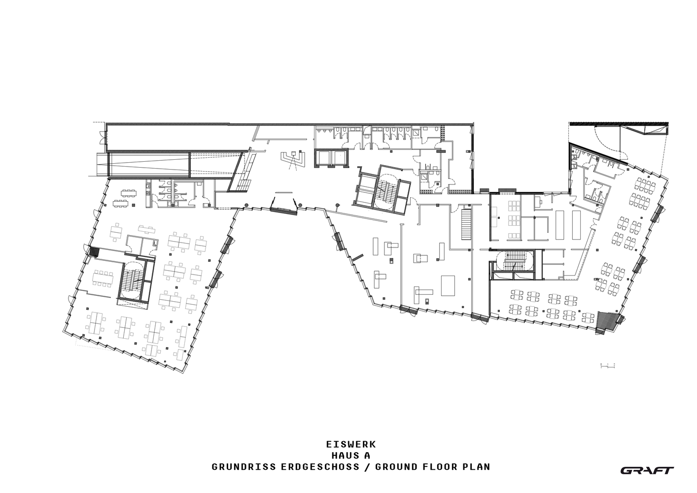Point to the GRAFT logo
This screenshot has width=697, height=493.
(x=647, y=470)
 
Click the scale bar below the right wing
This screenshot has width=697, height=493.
(x=608, y=365)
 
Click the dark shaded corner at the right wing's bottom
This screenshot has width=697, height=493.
(x=607, y=321)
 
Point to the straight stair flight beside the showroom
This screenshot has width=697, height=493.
(x=466, y=224)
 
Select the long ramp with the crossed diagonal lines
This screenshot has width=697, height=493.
(x=148, y=164)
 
